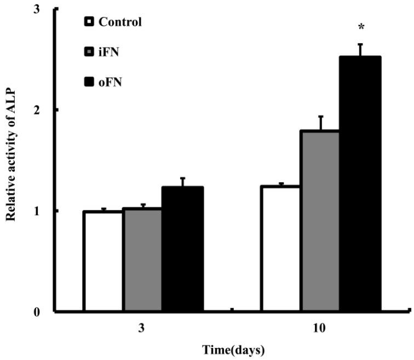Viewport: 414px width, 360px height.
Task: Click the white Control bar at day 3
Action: (x=103, y=262)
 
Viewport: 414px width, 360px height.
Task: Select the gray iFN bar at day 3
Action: (x=142, y=260)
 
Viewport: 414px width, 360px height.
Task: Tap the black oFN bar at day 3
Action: (x=183, y=249)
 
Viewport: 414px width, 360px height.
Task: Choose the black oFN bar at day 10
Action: (x=360, y=184)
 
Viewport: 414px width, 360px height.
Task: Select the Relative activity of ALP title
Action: (x=10, y=161)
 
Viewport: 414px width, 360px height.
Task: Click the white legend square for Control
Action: (x=88, y=22)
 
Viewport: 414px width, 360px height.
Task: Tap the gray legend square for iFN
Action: (x=88, y=53)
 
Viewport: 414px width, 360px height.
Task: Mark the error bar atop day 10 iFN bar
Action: (x=321, y=123)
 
